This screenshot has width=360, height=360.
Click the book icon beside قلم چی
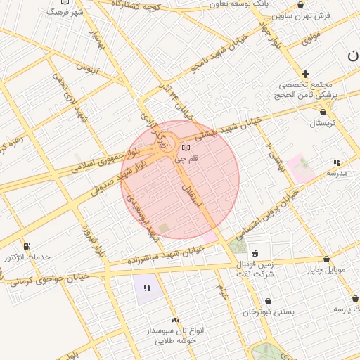pyautogui.click(x=186, y=148)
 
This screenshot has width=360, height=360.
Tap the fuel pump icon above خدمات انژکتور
pyautogui.click(x=27, y=245)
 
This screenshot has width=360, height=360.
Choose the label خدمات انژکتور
pyautogui.click(x=27, y=257)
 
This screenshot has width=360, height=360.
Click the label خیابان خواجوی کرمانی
pyautogui.click(x=49, y=278)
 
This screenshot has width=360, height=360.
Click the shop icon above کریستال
pyautogui.click(x=323, y=112)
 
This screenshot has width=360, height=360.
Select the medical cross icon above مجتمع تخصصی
pyautogui.click(x=305, y=74)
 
